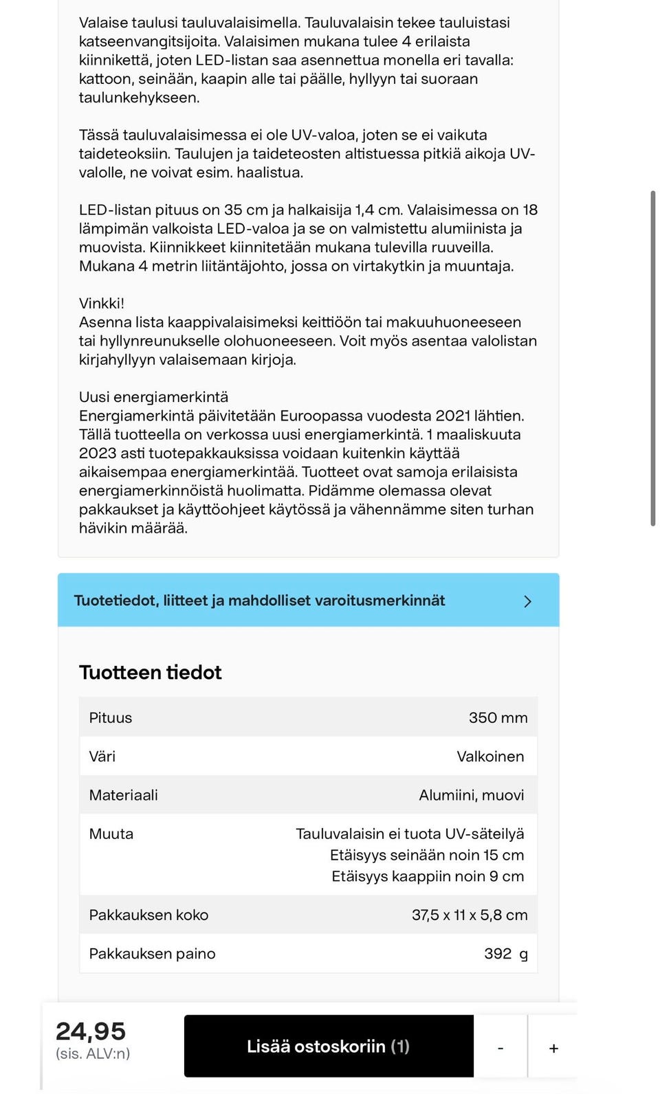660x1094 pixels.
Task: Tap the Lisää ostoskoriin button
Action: pyautogui.click(x=329, y=1046)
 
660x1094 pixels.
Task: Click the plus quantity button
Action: pyautogui.click(x=553, y=1049)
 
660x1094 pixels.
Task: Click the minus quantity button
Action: pyautogui.click(x=500, y=1049)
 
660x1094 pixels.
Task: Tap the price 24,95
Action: pyautogui.click(x=91, y=1031)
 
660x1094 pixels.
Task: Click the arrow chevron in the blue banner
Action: pyautogui.click(x=527, y=601)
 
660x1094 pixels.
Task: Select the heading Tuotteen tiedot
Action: pyautogui.click(x=151, y=672)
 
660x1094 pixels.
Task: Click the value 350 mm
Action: pyautogui.click(x=498, y=717)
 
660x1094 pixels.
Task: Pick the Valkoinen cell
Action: pyautogui.click(x=490, y=756)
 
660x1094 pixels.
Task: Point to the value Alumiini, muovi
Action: pyautogui.click(x=471, y=795)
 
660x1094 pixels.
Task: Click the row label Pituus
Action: pyautogui.click(x=111, y=717)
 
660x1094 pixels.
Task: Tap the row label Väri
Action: pyautogui.click(x=102, y=756)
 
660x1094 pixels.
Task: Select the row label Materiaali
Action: pyautogui.click(x=124, y=795)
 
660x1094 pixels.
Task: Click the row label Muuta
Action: pyautogui.click(x=111, y=834)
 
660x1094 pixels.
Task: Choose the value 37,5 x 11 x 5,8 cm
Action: pyautogui.click(x=470, y=915)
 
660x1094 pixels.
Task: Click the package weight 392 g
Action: pyautogui.click(x=505, y=953)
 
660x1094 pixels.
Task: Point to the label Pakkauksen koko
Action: pyautogui.click(x=148, y=915)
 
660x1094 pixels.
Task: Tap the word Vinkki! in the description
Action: pyautogui.click(x=102, y=303)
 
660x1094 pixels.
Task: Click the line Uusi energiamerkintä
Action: pyautogui.click(x=153, y=397)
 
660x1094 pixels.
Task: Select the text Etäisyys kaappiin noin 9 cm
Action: pyautogui.click(x=428, y=876)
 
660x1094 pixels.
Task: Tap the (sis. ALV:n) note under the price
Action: pyautogui.click(x=93, y=1053)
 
